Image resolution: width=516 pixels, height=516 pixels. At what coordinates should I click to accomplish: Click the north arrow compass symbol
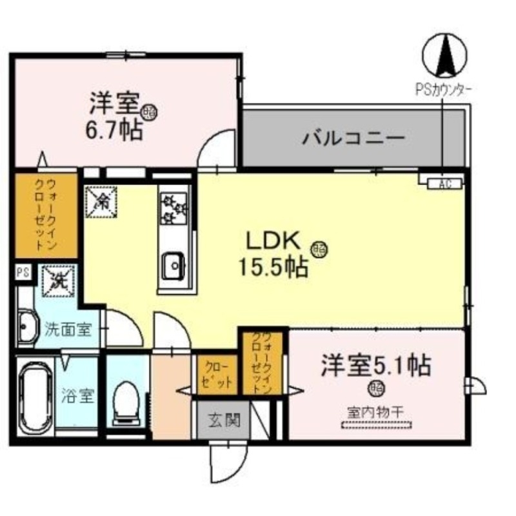(x=443, y=55)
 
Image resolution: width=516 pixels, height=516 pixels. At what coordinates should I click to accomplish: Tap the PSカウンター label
(x=442, y=90)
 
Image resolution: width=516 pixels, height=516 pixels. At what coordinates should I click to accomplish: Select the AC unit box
(x=442, y=184)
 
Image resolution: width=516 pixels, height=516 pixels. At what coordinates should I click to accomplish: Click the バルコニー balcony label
(x=354, y=138)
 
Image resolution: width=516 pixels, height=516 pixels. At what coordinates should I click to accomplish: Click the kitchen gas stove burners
(x=173, y=204)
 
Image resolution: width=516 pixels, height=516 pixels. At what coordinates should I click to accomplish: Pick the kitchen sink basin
(x=172, y=263)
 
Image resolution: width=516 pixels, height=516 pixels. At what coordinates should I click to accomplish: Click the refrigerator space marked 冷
(x=100, y=201)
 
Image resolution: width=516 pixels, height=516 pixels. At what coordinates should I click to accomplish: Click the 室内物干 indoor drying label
(x=375, y=411)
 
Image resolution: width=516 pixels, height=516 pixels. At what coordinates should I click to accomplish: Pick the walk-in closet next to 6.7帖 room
(x=45, y=216)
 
